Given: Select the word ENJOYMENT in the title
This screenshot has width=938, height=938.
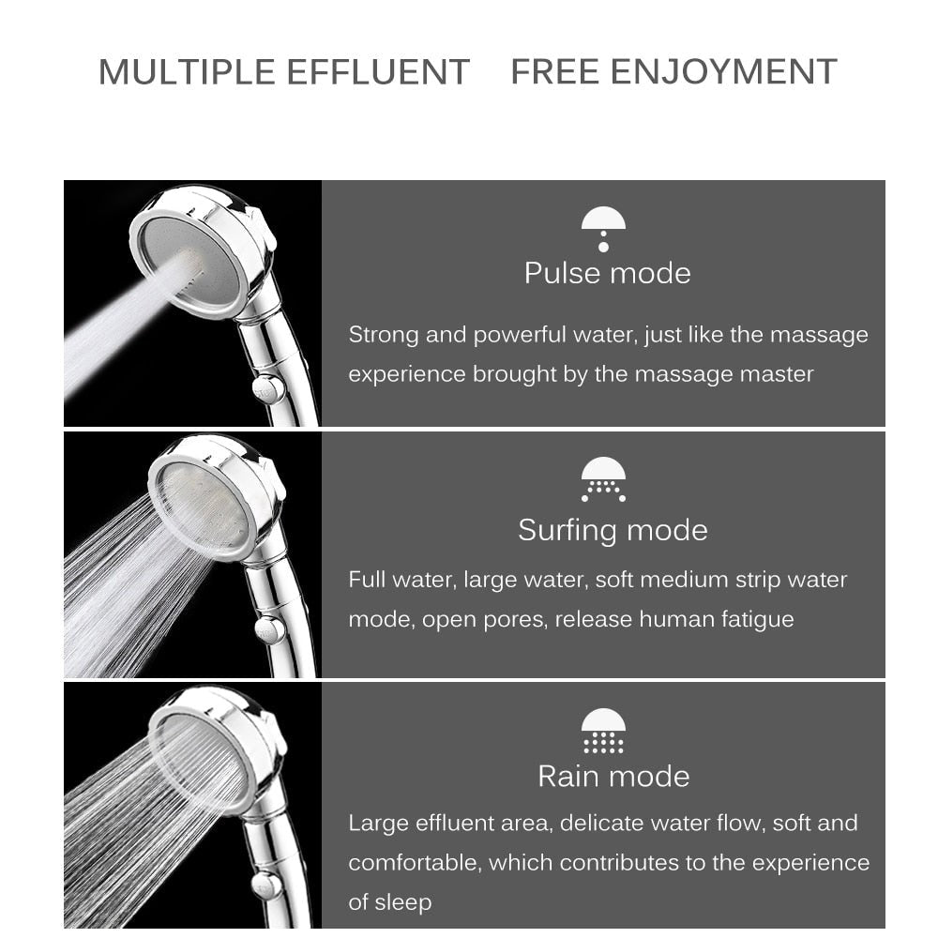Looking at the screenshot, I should pyautogui.click(x=723, y=72).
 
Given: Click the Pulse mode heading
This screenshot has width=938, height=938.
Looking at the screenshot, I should pyautogui.click(x=607, y=273).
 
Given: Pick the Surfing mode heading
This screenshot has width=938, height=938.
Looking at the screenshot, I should pyautogui.click(x=613, y=530).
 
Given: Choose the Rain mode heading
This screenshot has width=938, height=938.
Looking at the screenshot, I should pyautogui.click(x=613, y=776).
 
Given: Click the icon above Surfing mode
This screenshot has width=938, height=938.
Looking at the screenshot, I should pyautogui.click(x=603, y=479).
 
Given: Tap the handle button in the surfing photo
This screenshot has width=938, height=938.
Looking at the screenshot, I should pyautogui.click(x=270, y=628).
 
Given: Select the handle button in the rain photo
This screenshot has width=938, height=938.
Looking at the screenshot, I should pyautogui.click(x=268, y=884).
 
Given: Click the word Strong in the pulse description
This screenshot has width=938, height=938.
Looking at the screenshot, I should pyautogui.click(x=383, y=335).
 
